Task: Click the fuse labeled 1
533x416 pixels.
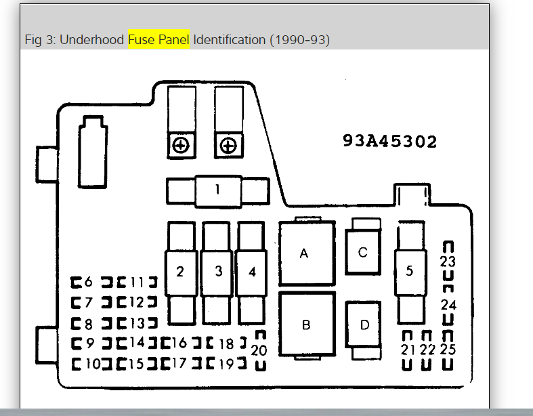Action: click(217, 190)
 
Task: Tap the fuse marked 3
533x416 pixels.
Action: click(218, 272)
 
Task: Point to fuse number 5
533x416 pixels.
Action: click(409, 271)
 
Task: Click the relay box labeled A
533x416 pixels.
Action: click(304, 254)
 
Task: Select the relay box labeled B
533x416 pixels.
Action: click(306, 325)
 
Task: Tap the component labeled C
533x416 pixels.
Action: click(363, 253)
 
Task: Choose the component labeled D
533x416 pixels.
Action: click(365, 325)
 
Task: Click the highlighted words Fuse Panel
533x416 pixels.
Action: click(159, 40)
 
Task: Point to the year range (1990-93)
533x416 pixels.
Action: click(299, 40)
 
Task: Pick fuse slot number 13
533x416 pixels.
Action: click(136, 323)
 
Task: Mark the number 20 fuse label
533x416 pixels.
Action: click(259, 350)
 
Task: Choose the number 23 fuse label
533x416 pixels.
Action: click(448, 262)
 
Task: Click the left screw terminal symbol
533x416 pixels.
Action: click(181, 145)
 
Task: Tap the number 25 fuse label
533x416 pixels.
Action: click(448, 350)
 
